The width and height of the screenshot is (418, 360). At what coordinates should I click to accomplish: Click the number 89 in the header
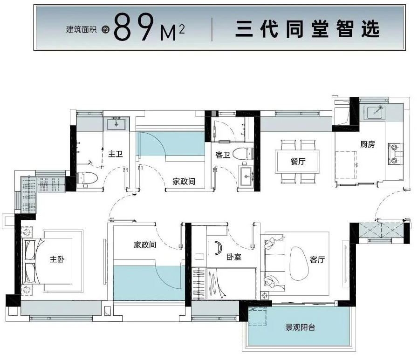[x=134, y=27]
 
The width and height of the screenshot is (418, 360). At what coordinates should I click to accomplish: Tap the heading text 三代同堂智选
[x=307, y=29]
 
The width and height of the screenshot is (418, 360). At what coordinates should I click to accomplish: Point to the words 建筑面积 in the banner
[x=81, y=29]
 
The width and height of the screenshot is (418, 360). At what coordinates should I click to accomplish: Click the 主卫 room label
[x=116, y=154]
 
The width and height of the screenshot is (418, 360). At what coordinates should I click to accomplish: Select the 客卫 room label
[x=223, y=155]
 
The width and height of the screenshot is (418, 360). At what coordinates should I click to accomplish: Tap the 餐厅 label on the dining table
[x=298, y=161]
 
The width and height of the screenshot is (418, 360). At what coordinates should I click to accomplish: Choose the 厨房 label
[x=368, y=144]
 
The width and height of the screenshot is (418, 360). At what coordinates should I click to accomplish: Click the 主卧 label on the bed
[x=57, y=259]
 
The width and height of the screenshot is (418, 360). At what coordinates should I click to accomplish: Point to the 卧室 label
[x=234, y=257]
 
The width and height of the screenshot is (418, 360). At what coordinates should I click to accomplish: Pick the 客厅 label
[x=317, y=259]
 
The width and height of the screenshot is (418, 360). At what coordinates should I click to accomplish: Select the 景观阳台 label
[x=300, y=327]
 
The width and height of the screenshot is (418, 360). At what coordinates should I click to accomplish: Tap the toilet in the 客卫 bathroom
[x=243, y=154]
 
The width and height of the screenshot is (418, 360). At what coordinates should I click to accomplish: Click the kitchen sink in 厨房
[x=376, y=112]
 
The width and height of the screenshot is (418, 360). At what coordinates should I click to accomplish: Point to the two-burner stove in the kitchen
[x=395, y=154]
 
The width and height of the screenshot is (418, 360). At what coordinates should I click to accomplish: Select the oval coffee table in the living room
[x=299, y=263]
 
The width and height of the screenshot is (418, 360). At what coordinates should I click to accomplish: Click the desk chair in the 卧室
[x=215, y=248]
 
